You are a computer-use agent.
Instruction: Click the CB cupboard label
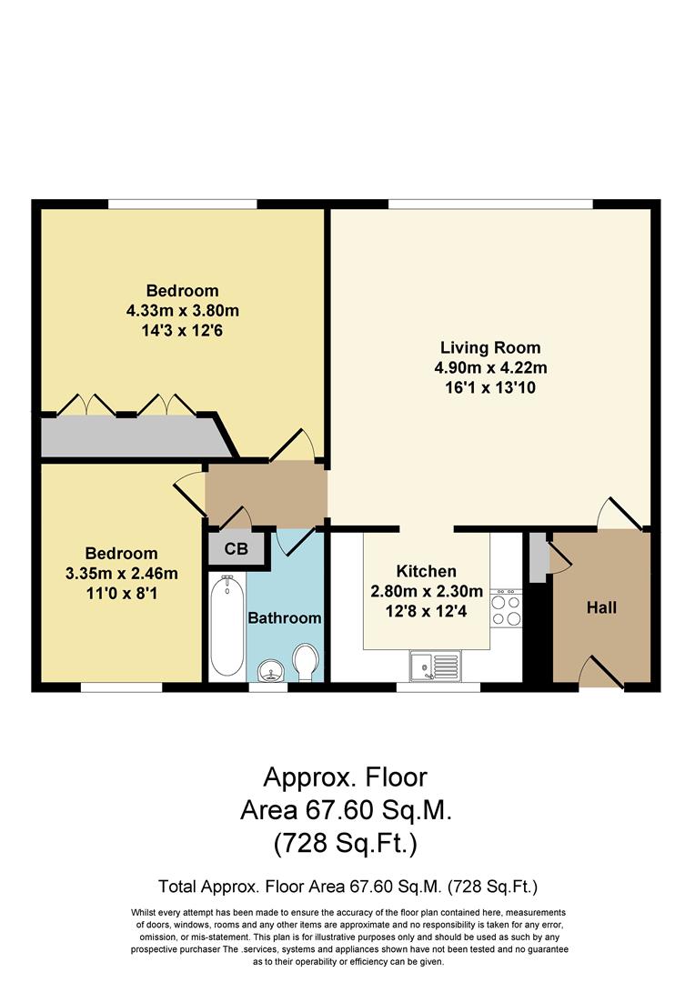[236, 549]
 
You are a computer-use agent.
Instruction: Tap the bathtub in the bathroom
[226, 626]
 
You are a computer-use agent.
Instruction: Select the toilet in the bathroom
[307, 662]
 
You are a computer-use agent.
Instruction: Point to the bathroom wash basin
[270, 672]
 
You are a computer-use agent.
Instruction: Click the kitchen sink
[438, 667]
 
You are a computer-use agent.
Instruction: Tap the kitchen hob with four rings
[506, 609]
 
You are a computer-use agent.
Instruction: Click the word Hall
[601, 606]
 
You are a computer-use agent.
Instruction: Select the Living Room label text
[490, 347]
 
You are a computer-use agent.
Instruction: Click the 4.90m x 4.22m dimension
[490, 367]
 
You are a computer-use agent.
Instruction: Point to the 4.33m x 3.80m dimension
[183, 311]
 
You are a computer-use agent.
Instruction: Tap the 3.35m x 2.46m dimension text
[121, 573]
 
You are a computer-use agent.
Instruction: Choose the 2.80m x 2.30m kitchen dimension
[426, 591]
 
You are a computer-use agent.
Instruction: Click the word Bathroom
[285, 617]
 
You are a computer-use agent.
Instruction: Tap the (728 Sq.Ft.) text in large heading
[345, 844]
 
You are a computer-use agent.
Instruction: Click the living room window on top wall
[491, 204]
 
